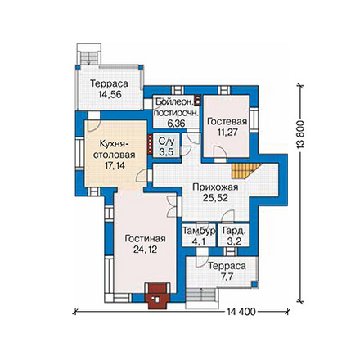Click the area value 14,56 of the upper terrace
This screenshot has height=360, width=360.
(110, 94)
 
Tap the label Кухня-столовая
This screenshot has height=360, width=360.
(114, 149)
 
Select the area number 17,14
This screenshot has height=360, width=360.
(115, 165)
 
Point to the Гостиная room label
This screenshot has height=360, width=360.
(145, 238)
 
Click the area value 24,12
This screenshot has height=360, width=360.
(145, 250)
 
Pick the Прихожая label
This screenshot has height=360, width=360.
(215, 187)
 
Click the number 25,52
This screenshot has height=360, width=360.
(215, 198)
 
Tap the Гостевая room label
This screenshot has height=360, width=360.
(227, 121)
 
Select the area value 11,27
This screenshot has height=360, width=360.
(227, 133)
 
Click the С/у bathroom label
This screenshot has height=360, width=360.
(166, 142)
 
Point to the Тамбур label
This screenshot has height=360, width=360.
(199, 231)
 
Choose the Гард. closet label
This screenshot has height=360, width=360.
(234, 231)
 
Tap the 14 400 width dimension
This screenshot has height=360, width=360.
(241, 312)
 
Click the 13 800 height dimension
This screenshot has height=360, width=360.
(300, 134)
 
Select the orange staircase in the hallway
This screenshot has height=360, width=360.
(246, 171)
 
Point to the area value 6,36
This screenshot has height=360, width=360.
(176, 124)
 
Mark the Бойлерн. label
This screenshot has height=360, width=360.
(174, 101)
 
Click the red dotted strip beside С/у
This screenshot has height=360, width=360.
(150, 144)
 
